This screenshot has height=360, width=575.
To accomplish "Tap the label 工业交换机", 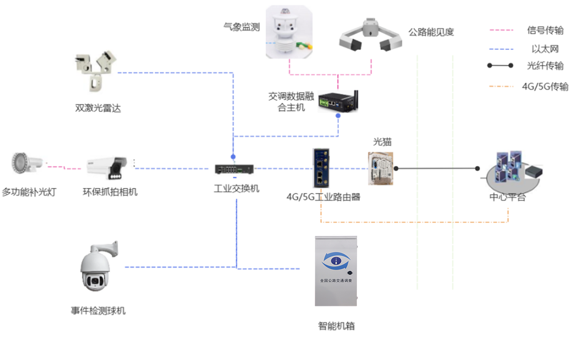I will point(236,189).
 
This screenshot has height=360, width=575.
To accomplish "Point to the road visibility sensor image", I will point(370,35).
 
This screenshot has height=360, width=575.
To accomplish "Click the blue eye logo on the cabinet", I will point(336,261).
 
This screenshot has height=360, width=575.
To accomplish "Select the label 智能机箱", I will point(337,326).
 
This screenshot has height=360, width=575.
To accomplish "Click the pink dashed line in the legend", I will point(501,30).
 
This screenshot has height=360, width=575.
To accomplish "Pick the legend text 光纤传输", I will point(545,66).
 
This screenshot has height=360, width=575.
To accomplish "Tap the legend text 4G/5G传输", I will point(545,87).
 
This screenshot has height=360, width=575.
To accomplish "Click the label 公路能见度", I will point(431,32).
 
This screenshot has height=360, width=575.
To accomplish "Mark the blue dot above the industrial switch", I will point(233,156).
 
